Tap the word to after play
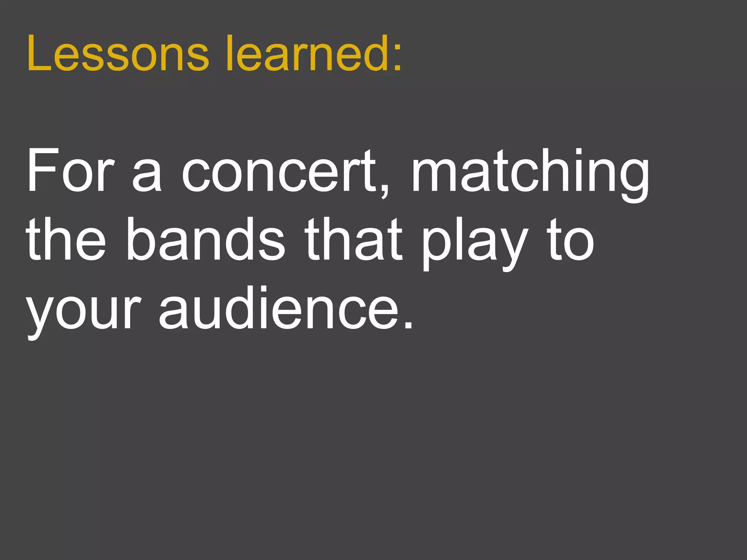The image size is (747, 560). pyautogui.click(x=571, y=241)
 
